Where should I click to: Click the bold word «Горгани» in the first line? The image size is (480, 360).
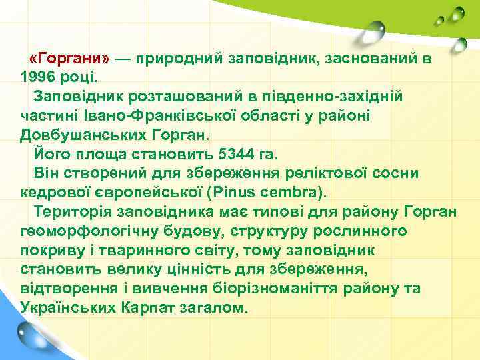pyautogui.click(x=74, y=58)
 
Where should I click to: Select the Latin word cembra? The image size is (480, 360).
pyautogui.click(x=289, y=193)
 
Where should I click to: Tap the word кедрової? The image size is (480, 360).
pyautogui.click(x=53, y=193)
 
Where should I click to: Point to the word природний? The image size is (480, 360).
pyautogui.click(x=182, y=58)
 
